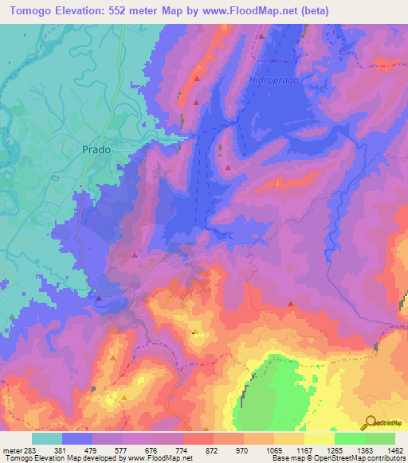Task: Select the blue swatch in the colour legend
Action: point(77,438)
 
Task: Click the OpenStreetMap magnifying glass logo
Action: point(371,422)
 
